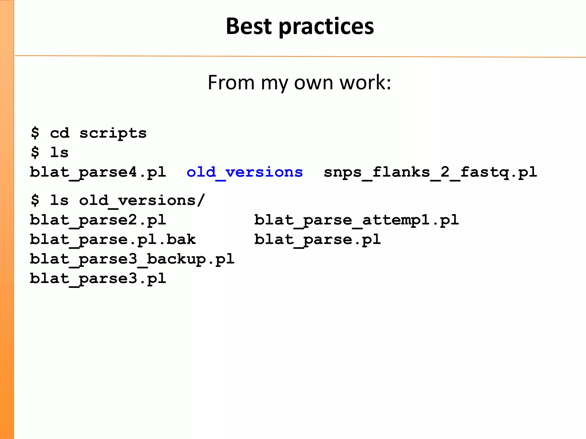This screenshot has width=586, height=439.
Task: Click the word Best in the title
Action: pyautogui.click(x=249, y=26)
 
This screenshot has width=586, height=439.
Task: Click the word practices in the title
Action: pyautogui.click(x=326, y=27)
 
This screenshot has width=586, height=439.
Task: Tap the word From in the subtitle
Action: pyautogui.click(x=231, y=83)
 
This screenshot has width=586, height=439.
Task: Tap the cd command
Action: pyautogui.click(x=60, y=133)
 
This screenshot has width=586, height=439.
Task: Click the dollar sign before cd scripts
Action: pyautogui.click(x=35, y=133)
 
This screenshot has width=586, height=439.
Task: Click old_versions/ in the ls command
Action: pyautogui.click(x=142, y=200)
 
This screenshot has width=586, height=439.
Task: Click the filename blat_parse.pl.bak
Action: pyautogui.click(x=113, y=240)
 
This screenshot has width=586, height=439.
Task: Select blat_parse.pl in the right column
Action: pyautogui.click(x=318, y=240)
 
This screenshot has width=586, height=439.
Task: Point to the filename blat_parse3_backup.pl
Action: pyautogui.click(x=132, y=259)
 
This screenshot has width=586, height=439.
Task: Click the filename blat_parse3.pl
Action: pyautogui.click(x=98, y=278)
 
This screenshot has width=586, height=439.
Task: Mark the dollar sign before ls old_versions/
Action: pyautogui.click(x=35, y=200)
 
